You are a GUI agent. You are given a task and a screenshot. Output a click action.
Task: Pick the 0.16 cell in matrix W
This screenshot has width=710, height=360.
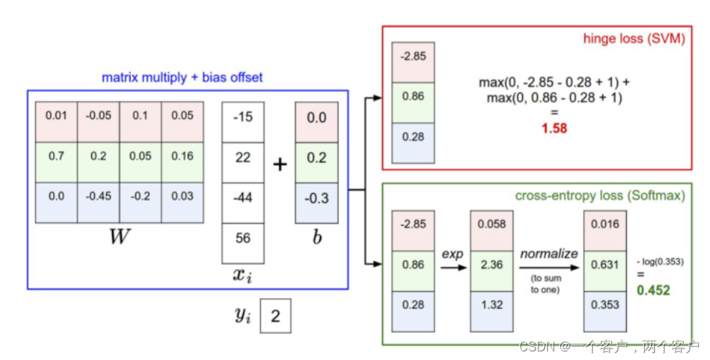[183, 156]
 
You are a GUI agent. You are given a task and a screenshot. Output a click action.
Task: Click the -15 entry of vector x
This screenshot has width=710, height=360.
[243, 117]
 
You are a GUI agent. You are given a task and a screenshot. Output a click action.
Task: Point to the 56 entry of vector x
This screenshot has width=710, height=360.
[243, 238]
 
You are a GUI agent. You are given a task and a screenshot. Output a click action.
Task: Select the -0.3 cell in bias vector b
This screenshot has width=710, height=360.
[317, 197]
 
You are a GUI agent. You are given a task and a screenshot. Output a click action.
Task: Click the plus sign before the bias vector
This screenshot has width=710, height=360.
[280, 165]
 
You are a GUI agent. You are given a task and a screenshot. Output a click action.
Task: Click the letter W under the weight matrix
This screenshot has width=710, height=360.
[119, 237]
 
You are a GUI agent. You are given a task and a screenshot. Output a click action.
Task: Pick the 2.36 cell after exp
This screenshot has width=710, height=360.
[492, 264]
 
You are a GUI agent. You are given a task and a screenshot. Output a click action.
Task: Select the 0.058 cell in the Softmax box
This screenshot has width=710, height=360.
[492, 224]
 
